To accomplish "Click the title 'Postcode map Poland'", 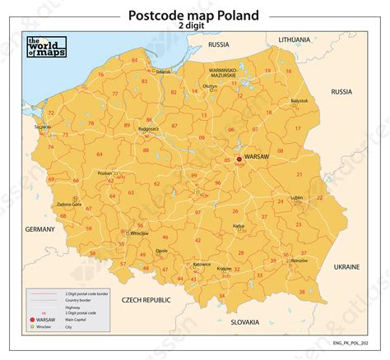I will click(x=194, y=14).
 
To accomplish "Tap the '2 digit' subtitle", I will click(x=194, y=26).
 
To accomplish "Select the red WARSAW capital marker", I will click(x=239, y=159).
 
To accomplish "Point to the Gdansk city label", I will click(x=163, y=72).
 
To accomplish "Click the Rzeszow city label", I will click(x=299, y=260).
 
